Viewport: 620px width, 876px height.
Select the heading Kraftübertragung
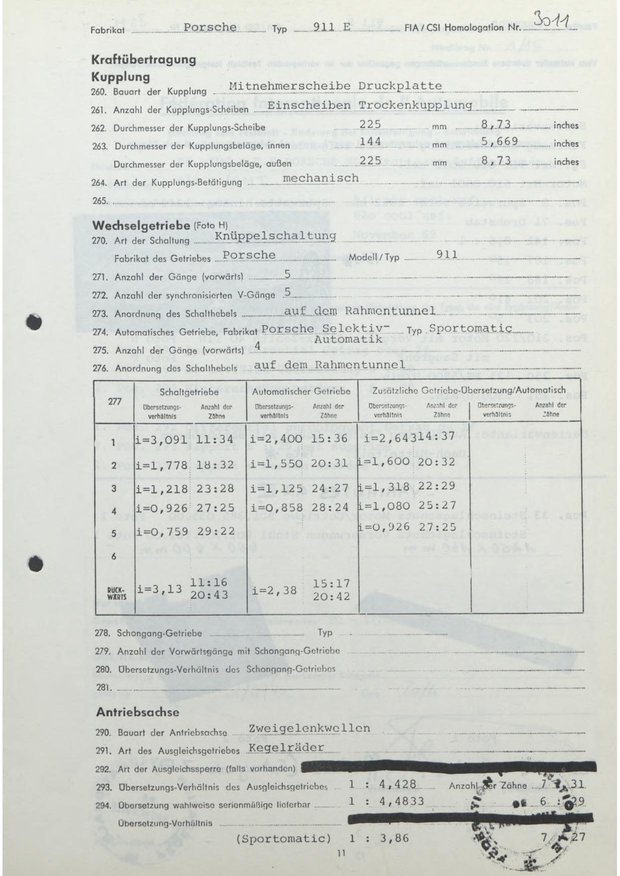coord(143,59)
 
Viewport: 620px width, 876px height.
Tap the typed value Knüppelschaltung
coord(275,235)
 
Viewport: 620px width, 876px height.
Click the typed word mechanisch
coord(320,178)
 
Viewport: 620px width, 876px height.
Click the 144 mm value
coord(370,142)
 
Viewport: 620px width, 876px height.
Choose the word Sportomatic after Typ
coord(471,328)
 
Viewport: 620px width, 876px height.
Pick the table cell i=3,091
coord(161,439)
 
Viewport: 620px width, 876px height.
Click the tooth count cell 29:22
coord(215,531)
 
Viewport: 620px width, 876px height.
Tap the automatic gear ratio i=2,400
coord(276,439)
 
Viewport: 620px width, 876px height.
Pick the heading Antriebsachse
coord(137,712)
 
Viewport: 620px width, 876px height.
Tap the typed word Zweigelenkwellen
coord(309,728)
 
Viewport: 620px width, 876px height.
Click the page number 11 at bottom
coord(341,854)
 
